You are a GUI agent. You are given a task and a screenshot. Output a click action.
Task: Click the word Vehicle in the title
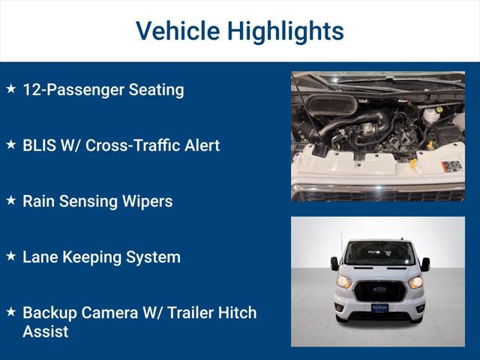(x=178, y=31)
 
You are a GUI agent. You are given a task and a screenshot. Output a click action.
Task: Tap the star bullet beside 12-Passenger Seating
(x=10, y=88)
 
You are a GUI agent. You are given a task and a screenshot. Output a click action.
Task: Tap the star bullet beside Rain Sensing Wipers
(x=10, y=200)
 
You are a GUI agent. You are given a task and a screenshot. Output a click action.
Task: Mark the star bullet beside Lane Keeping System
(x=10, y=256)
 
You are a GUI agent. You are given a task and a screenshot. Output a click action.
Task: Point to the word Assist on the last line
(x=45, y=331)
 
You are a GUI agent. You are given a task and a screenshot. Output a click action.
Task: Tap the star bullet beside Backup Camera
(x=10, y=310)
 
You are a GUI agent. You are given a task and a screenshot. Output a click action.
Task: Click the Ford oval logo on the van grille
(x=379, y=289)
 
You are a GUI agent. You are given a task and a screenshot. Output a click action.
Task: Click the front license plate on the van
(x=379, y=307)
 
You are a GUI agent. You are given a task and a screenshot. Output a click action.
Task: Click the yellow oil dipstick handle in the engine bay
(x=412, y=161)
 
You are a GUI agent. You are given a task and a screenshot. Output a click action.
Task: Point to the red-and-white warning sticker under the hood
(x=451, y=166)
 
